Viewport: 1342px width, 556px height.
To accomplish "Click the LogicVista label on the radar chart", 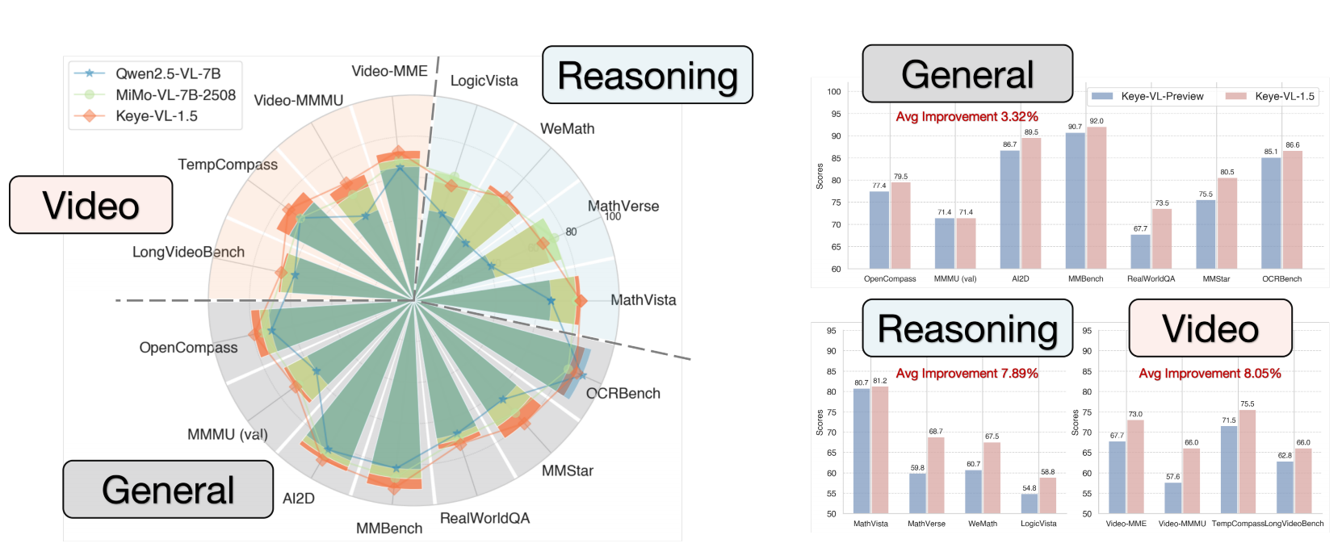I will point(484,81).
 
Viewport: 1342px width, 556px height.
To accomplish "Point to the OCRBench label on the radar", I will point(623,394).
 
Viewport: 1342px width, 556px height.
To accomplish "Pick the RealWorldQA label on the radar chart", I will point(484,518).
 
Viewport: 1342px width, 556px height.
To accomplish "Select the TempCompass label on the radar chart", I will point(228,165).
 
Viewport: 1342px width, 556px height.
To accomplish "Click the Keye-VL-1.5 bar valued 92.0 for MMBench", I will point(1097,198).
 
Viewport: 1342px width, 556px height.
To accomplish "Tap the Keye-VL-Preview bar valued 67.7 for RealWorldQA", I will point(1140,251).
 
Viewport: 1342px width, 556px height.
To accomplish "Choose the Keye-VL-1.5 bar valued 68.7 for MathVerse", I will point(936,475).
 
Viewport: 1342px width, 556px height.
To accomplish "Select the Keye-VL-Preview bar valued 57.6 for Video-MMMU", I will point(1173,498).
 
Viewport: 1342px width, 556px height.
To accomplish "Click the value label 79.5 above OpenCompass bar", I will point(900,177).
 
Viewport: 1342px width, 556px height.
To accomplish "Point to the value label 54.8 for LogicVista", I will point(1029,488).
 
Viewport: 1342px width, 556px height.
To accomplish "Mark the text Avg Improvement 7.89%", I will point(967,374).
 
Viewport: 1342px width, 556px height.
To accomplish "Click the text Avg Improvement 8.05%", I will point(1210,374).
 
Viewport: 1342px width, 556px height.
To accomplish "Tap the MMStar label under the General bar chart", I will point(1216,279).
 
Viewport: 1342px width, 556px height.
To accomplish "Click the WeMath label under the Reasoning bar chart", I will point(983,524).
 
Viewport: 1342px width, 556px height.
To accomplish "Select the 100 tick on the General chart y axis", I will point(834,92).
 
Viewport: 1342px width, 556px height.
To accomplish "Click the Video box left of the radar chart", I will point(91,205).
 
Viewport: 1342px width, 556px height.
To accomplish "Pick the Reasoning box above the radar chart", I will point(647,76).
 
